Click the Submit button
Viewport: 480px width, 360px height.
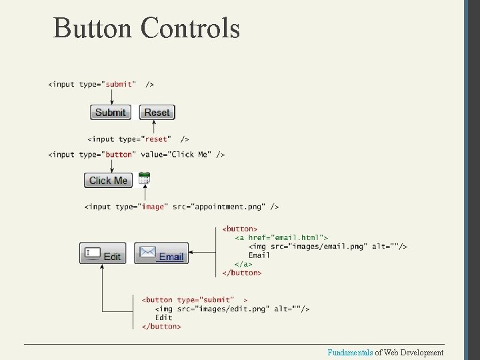tap(111, 112)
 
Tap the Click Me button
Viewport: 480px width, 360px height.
tap(108, 180)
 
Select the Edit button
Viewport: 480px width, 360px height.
tap(103, 254)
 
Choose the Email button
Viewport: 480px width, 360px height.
tap(161, 254)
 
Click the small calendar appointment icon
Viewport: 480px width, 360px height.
tap(145, 178)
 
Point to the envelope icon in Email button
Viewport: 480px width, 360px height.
tap(147, 253)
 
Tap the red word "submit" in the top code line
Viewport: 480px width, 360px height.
tap(119, 85)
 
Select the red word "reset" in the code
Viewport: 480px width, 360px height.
tap(156, 139)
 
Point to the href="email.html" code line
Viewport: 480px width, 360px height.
tap(281, 238)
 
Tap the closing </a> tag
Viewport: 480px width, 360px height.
tap(243, 264)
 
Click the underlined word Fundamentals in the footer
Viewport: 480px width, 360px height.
tap(350, 352)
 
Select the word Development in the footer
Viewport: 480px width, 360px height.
tap(422, 352)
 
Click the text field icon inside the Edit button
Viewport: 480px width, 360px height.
tap(93, 253)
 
